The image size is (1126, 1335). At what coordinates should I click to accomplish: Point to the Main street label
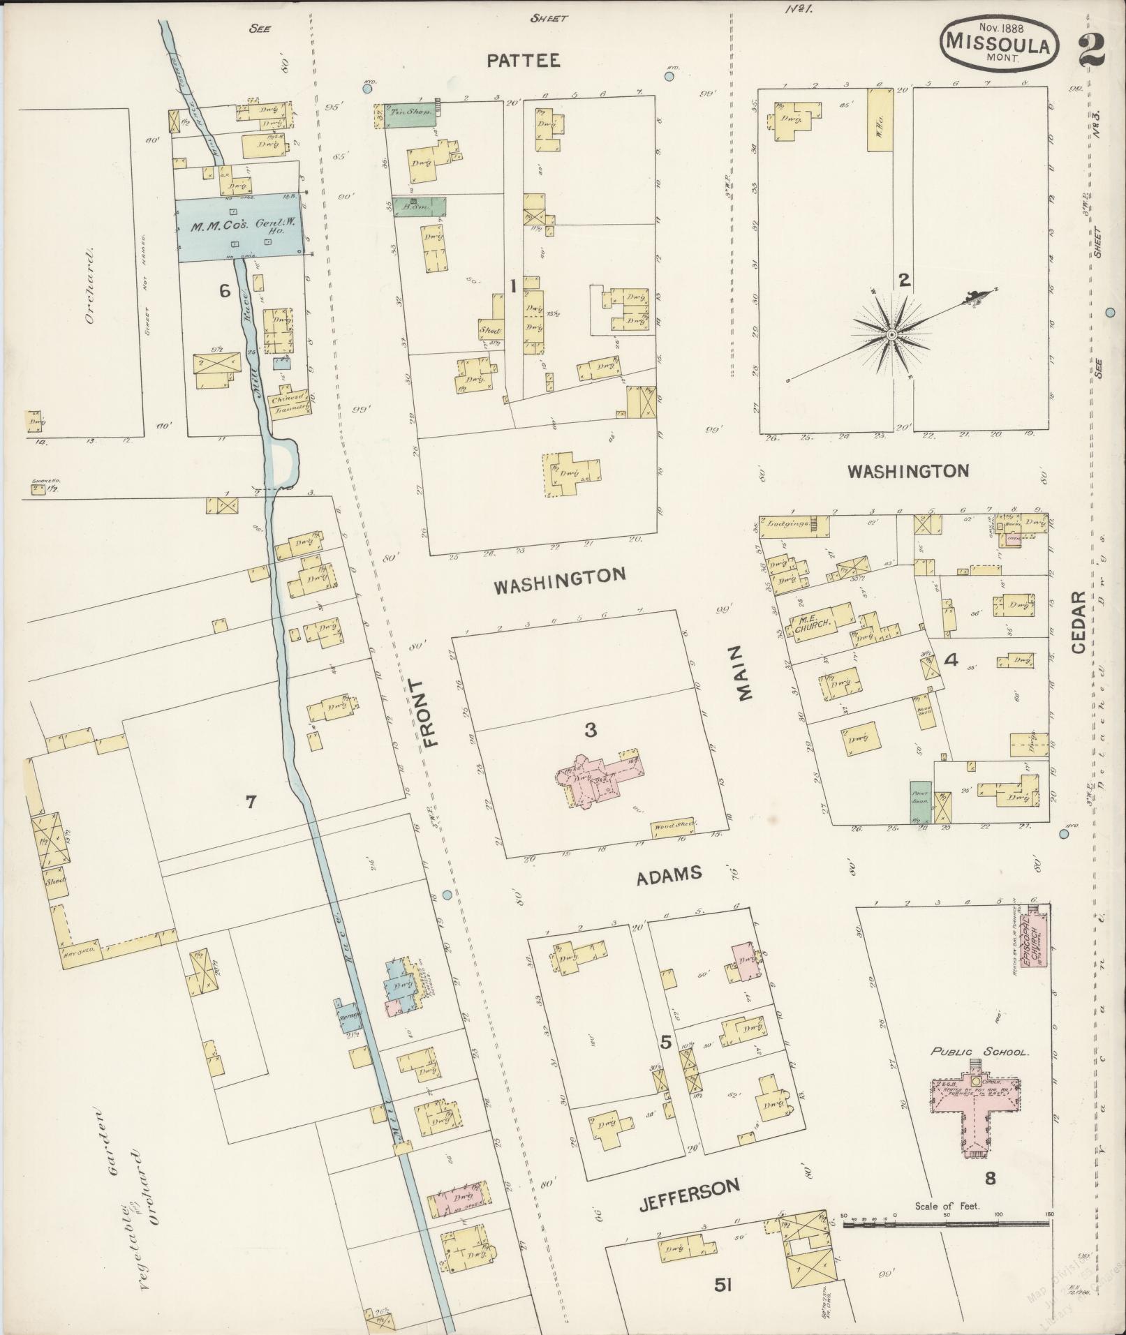pyautogui.click(x=743, y=672)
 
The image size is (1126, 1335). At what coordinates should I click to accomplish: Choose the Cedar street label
pyautogui.click(x=1078, y=622)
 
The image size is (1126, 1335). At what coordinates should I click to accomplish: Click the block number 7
pyautogui.click(x=251, y=802)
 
